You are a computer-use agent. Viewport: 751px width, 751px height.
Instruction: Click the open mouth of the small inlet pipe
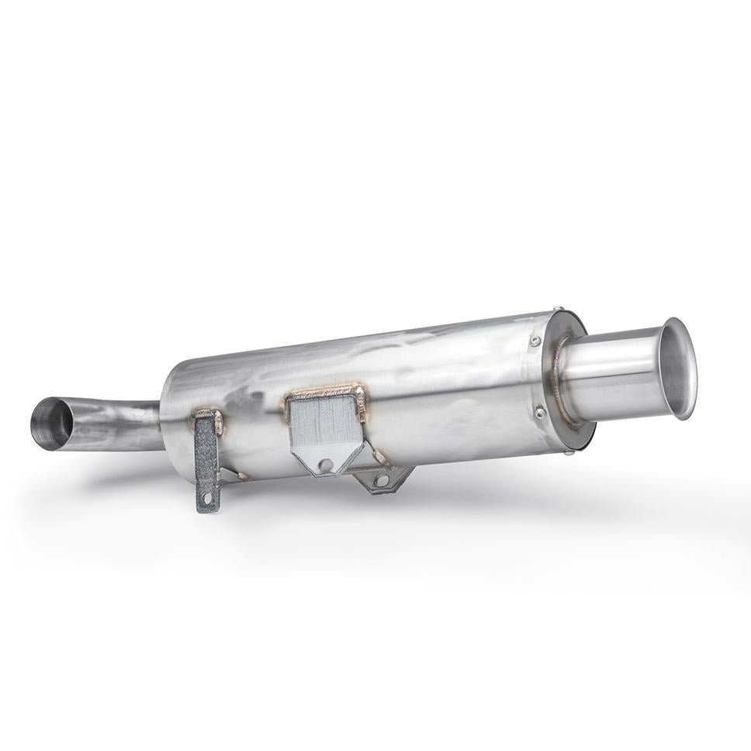51,424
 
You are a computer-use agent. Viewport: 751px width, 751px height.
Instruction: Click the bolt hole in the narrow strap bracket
206,499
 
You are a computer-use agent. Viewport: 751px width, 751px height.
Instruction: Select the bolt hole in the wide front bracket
326,465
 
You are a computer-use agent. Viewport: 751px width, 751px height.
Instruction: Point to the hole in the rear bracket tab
380,480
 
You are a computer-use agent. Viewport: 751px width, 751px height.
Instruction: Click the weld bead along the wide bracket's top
326,392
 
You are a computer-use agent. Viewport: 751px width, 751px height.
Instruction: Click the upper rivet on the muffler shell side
535,341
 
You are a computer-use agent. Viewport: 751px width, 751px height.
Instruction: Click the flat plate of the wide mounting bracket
326,427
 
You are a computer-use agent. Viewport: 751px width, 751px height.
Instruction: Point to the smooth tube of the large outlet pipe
613,372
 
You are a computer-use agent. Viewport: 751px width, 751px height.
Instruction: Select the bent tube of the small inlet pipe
116,423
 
